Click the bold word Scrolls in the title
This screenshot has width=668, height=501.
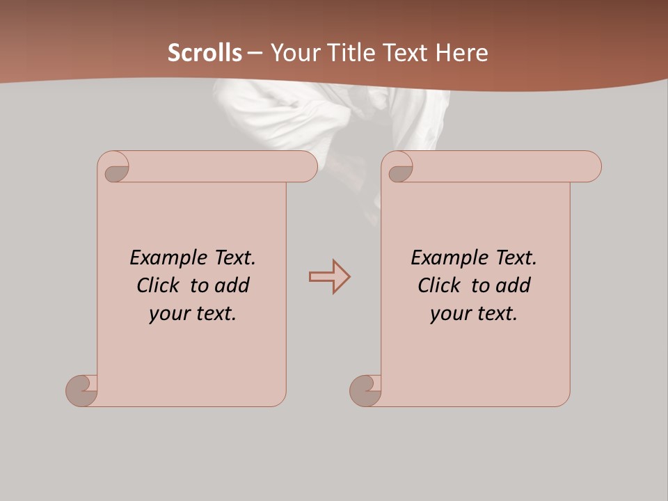(205, 53)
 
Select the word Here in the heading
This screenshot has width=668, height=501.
(462, 53)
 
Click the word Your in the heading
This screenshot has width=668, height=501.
(293, 53)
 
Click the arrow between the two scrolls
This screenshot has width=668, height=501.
(330, 277)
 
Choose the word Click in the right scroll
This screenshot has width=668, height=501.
(439, 285)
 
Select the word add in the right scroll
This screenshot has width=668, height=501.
(514, 285)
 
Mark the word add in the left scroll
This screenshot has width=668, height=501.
(232, 285)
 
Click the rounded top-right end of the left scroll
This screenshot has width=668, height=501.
(306, 167)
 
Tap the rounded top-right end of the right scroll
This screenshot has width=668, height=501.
(590, 167)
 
